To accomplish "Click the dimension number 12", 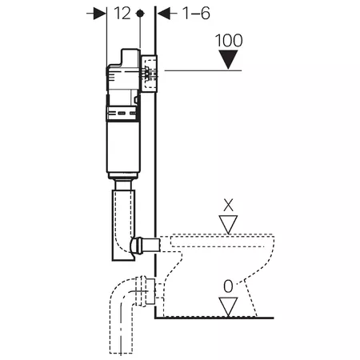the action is click(122, 14).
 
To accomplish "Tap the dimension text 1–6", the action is click(196, 14).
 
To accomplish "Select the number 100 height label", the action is click(229, 41).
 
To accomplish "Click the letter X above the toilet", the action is click(228, 205).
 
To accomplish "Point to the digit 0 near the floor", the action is click(228, 286).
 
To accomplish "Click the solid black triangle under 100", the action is click(228, 59).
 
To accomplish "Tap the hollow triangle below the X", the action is click(228, 224).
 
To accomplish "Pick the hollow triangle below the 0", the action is click(228, 306).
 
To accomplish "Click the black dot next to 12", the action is click(140, 14).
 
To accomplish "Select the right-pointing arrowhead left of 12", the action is click(100, 14).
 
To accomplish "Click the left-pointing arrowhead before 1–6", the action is click(164, 14).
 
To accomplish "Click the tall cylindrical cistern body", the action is click(123, 146).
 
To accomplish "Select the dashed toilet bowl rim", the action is click(222, 240).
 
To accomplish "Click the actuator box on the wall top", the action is click(149, 74).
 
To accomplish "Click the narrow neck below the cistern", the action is click(123, 184).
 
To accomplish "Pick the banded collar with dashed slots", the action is click(122, 114).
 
